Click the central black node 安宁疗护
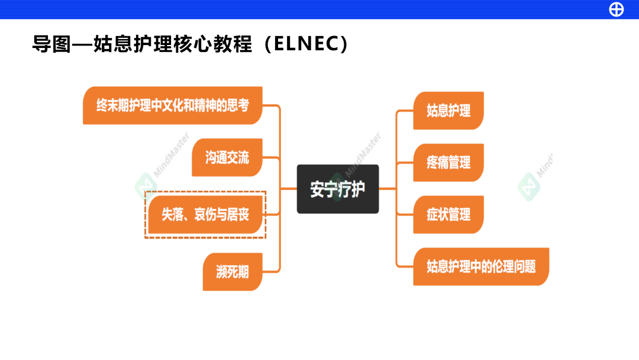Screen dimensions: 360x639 coord(337,189)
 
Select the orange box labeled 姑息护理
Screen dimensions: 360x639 coord(448,111)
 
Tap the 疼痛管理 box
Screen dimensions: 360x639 coord(448,162)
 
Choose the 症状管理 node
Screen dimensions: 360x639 coord(448,214)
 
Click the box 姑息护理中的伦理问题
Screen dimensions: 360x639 coord(481,266)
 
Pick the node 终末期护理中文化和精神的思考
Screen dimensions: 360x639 coord(172,105)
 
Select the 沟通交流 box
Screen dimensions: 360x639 coord(227,157)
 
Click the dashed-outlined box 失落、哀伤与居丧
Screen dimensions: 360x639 coord(205,214)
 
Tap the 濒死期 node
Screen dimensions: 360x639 coord(232,272)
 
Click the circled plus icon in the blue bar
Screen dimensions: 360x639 coord(617,9)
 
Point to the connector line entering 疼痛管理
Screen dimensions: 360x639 coord(404,162)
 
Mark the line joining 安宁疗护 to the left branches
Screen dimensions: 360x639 coord(288,189)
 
